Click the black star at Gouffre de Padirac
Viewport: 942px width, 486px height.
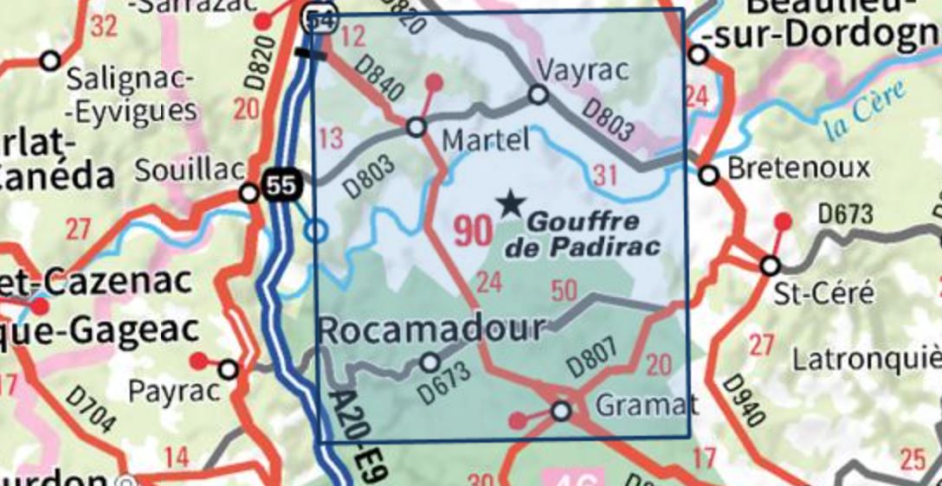[x=511, y=204]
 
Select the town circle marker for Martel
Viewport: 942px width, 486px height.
[x=416, y=127]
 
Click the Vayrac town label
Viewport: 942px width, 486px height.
[x=570, y=70]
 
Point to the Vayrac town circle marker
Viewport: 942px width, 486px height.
[x=539, y=94]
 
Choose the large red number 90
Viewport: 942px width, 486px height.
[x=473, y=231]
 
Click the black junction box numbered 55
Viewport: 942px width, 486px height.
[x=279, y=185]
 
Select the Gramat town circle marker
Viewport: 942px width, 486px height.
[x=561, y=411]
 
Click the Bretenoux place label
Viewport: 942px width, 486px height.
[x=787, y=169]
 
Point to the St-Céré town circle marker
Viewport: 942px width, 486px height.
[x=770, y=265]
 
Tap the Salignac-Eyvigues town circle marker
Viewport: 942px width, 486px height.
[x=50, y=61]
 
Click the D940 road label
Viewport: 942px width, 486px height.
[x=742, y=400]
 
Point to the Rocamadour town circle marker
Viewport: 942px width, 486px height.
[x=429, y=361]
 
